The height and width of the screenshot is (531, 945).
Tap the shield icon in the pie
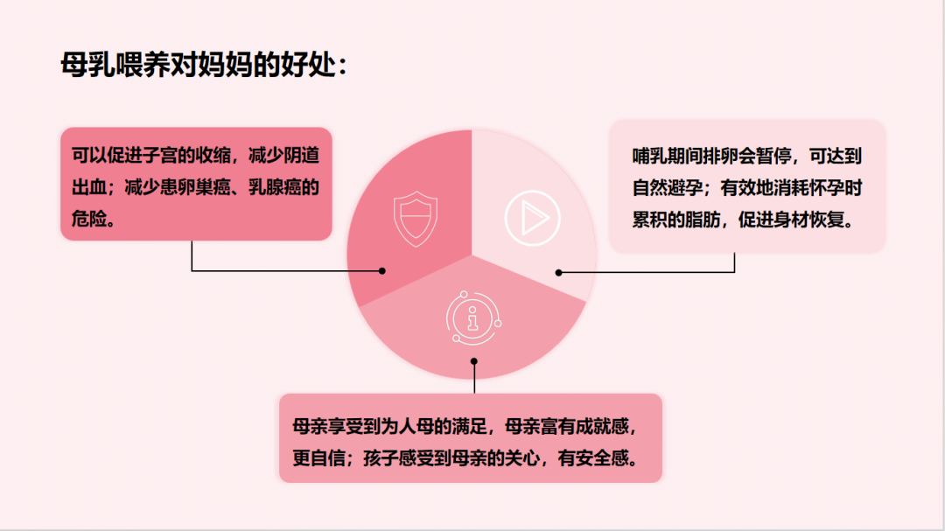[x=416, y=218]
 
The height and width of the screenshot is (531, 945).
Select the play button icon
[x=532, y=218]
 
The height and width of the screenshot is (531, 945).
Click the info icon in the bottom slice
[x=473, y=318]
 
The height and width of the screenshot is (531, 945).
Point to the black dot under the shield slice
[x=382, y=270]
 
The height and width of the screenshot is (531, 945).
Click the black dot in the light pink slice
[x=558, y=272]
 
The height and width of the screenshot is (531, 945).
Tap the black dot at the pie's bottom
[x=473, y=361]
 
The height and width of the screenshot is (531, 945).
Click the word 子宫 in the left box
[x=160, y=156]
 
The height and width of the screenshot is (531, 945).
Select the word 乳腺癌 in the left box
[x=275, y=187]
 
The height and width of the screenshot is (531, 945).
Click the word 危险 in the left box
[x=89, y=219]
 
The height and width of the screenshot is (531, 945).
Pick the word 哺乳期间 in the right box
[x=667, y=156]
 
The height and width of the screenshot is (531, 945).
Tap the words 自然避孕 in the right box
[x=667, y=188]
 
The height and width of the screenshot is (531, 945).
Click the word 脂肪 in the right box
[x=703, y=220]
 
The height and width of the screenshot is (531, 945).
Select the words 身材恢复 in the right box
[x=809, y=220]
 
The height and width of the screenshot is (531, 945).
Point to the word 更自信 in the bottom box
[x=318, y=458]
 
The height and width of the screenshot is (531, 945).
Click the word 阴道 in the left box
[x=301, y=156]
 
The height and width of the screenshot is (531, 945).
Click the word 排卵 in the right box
[x=720, y=156]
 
